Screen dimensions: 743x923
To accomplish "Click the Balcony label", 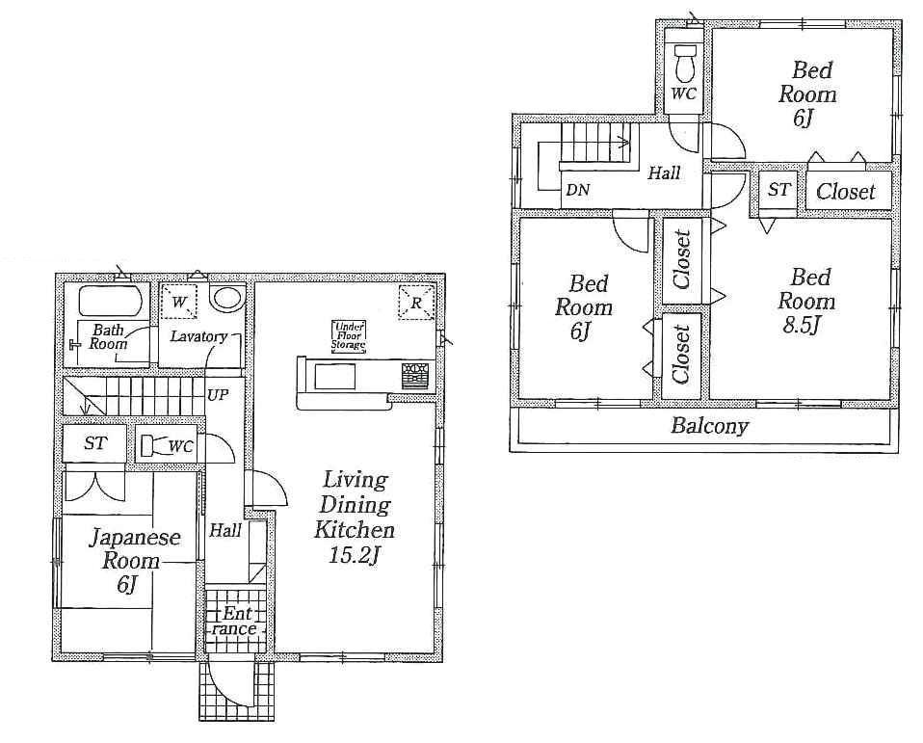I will [x=709, y=425].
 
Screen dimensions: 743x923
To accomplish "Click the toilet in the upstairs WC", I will [x=685, y=65].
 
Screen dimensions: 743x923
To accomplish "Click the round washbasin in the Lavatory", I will [x=226, y=300].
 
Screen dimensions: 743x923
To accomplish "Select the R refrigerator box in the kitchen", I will [x=416, y=303].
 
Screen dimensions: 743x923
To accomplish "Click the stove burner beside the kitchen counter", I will [x=415, y=374].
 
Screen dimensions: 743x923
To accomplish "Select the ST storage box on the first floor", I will [x=94, y=444].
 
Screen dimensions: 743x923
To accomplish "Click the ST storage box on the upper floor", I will [x=778, y=190].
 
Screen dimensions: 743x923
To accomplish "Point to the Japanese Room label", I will [x=135, y=549].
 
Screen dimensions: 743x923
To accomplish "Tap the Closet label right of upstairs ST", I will [x=845, y=192].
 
